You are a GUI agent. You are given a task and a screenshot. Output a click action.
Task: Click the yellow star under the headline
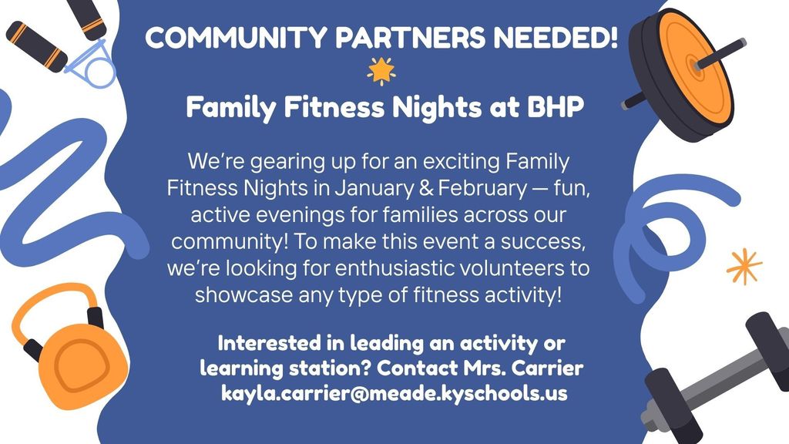[x=381, y=71]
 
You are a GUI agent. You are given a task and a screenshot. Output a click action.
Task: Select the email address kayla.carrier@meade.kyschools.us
[x=394, y=393]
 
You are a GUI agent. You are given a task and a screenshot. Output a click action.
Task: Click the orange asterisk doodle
[x=744, y=267]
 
